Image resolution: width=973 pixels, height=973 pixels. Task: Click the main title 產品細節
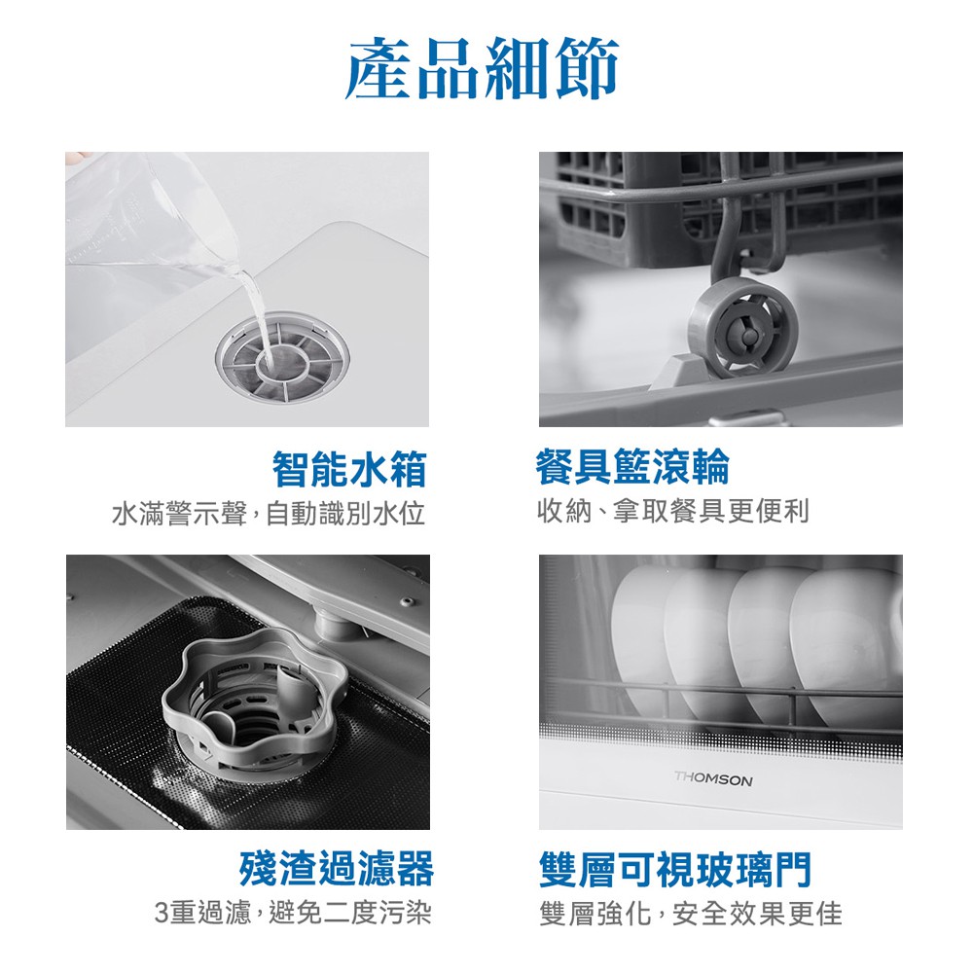483,68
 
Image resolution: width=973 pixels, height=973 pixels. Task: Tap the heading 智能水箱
350,469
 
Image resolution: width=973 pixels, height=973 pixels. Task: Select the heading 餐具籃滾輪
633,467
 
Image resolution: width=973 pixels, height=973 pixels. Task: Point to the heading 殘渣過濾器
337,868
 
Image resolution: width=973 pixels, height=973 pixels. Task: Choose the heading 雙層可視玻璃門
675,869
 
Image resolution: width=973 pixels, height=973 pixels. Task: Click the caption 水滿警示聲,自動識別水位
269,513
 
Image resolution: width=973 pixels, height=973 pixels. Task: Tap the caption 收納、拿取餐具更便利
673,511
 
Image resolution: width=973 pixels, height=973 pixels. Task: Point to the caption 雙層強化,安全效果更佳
691,914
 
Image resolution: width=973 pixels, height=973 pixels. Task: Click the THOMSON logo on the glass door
713,779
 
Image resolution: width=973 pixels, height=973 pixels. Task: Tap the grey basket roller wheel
742,328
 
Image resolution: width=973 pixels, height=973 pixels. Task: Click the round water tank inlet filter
282,358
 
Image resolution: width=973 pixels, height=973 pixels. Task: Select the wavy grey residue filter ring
254,703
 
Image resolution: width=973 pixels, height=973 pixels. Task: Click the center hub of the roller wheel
749,336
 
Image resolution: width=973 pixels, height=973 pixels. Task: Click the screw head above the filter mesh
407,601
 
